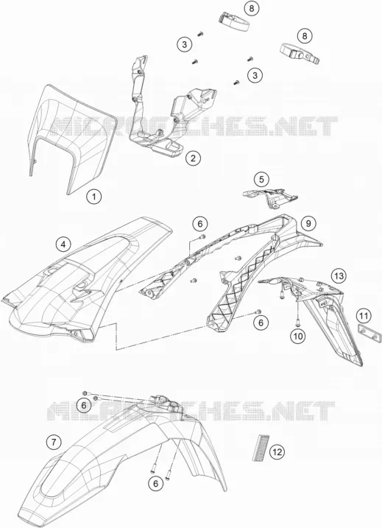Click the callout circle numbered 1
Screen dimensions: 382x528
(x=94, y=197)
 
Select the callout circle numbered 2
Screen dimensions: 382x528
(x=193, y=158)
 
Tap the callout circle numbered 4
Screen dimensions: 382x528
(x=63, y=244)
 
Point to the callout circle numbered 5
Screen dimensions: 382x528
(x=261, y=180)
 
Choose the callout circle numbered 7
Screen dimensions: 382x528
(x=54, y=441)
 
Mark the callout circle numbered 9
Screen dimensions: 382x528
(x=308, y=223)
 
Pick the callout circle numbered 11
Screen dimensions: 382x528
(x=364, y=316)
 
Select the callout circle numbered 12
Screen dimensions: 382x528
(x=277, y=451)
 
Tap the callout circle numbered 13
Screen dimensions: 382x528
(x=339, y=276)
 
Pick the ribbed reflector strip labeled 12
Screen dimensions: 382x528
(x=261, y=447)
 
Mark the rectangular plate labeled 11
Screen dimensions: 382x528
(x=369, y=332)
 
